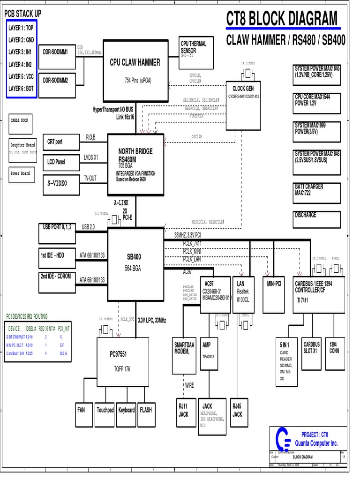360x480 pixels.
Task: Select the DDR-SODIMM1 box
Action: click(56, 52)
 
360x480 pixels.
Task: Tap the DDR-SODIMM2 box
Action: click(56, 80)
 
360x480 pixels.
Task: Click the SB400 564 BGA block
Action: click(136, 262)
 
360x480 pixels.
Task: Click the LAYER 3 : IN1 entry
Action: click(22, 52)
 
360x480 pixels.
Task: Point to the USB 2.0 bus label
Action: click(88, 227)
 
